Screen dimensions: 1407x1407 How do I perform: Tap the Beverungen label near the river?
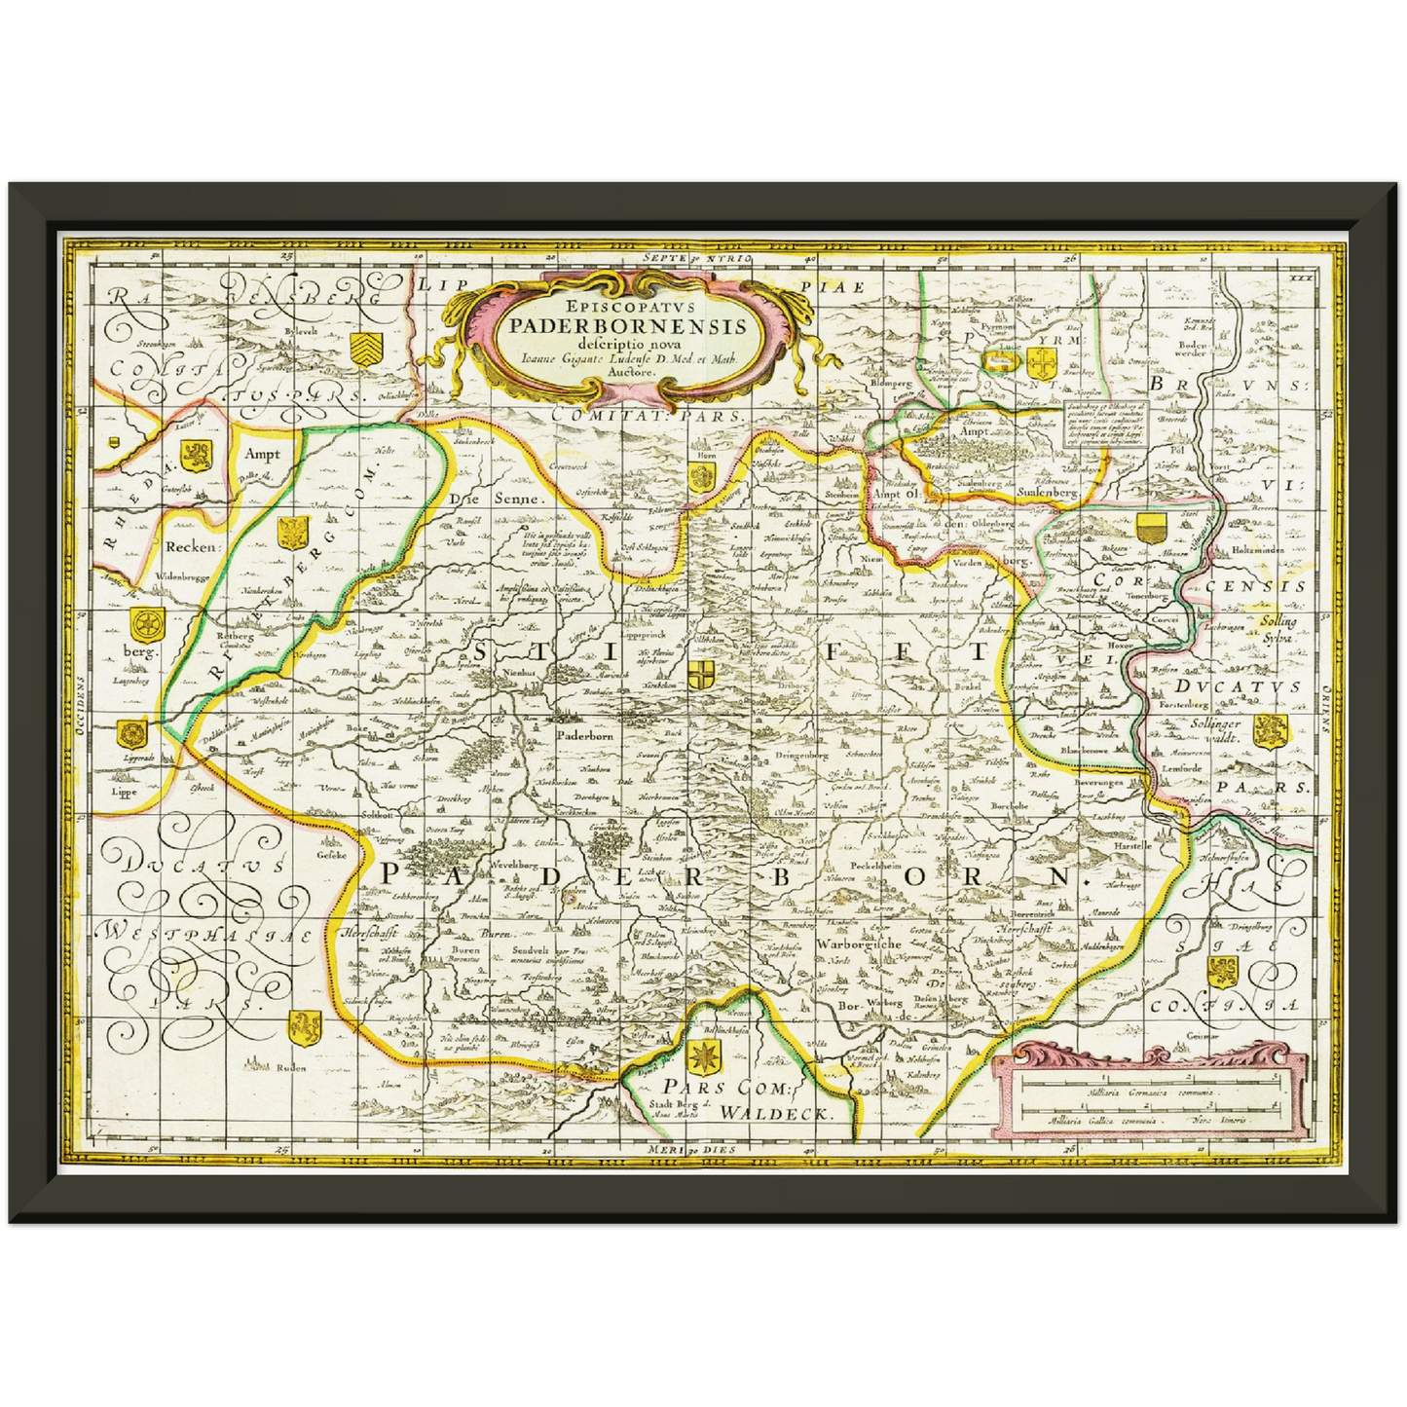click(1097, 781)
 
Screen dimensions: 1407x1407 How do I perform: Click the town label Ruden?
click(290, 1067)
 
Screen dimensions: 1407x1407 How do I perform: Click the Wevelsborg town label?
click(515, 864)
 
